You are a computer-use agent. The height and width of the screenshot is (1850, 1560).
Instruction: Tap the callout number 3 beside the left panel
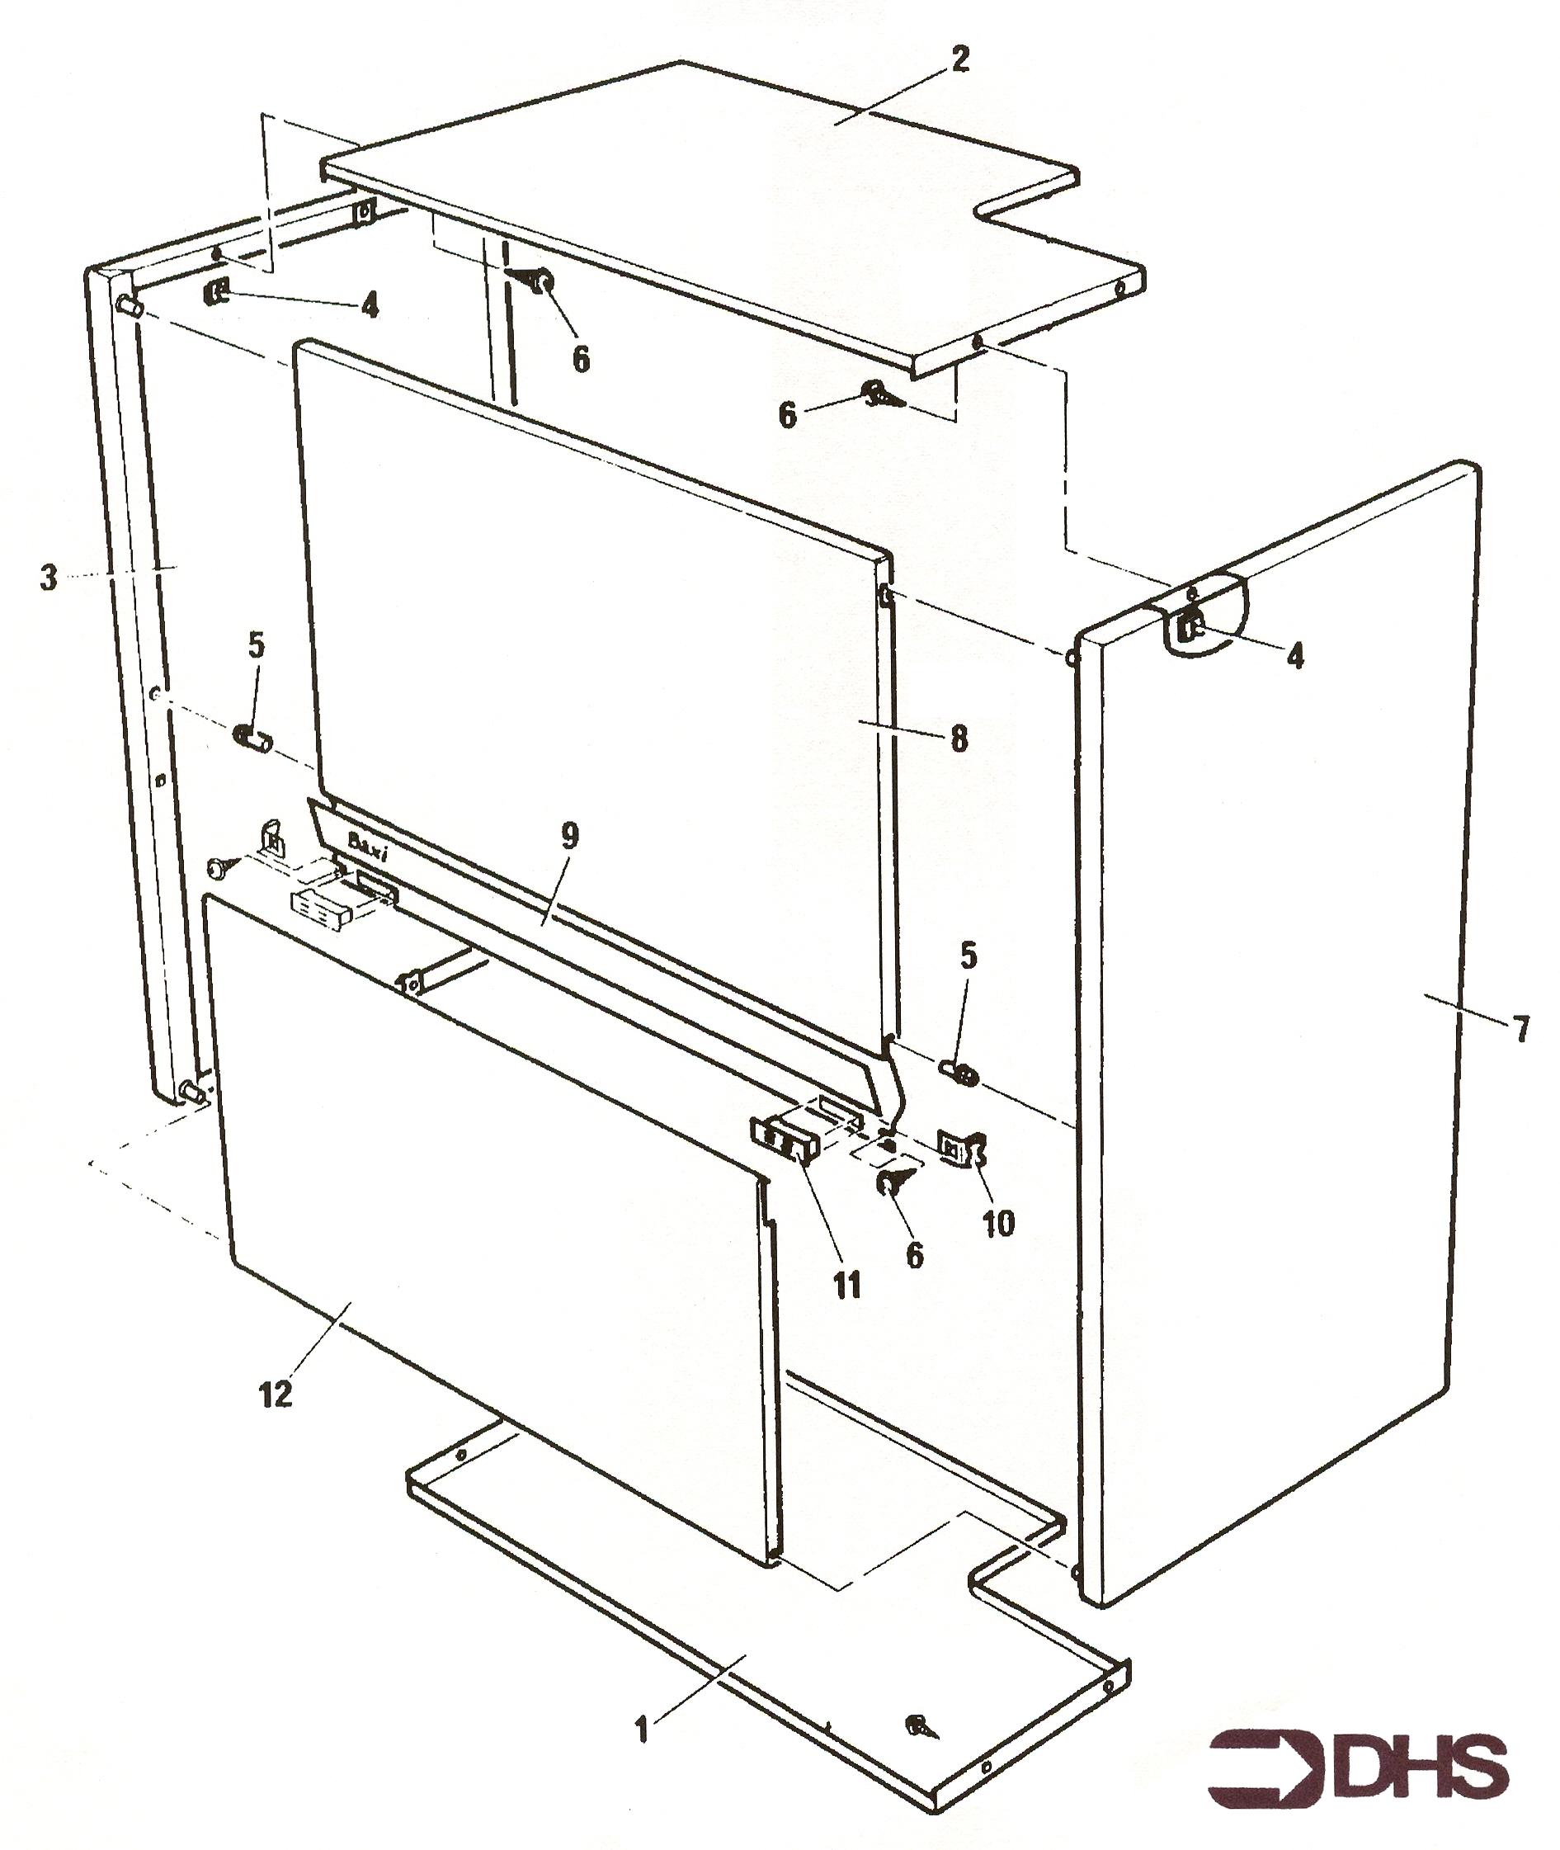point(49,578)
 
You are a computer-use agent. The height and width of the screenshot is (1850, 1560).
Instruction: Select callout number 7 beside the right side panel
point(1522,1027)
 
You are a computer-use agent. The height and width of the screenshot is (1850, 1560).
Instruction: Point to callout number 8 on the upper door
point(959,738)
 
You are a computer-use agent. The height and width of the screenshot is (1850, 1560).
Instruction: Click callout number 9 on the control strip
point(569,836)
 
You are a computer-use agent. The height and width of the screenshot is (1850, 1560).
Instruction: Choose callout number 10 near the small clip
point(998,1224)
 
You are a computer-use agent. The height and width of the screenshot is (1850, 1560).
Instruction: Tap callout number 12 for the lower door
point(275,1395)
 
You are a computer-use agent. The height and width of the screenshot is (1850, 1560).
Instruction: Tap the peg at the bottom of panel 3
point(194,1093)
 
